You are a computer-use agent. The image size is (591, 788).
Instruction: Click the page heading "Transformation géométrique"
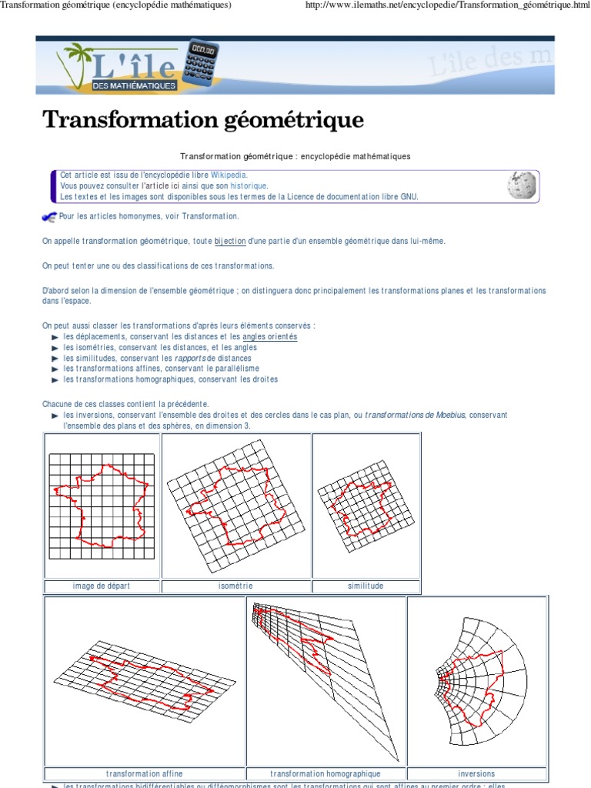pyautogui.click(x=202, y=120)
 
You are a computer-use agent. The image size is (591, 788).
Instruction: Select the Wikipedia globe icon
pyautogui.click(x=522, y=185)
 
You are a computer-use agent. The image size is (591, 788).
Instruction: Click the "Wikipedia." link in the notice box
pyautogui.click(x=229, y=175)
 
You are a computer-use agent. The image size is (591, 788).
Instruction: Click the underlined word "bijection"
pyautogui.click(x=230, y=242)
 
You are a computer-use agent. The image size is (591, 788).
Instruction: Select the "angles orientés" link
pyautogui.click(x=269, y=337)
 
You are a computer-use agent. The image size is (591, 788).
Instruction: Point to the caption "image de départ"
pyautogui.click(x=102, y=586)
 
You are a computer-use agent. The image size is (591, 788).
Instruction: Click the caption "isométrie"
pyautogui.click(x=235, y=586)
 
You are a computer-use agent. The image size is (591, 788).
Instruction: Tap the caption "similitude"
pyautogui.click(x=366, y=586)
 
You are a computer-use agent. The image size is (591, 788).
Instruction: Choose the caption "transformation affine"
pyautogui.click(x=145, y=773)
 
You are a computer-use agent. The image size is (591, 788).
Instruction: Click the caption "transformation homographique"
pyautogui.click(x=326, y=773)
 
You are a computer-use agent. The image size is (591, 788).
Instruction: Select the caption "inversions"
pyautogui.click(x=476, y=773)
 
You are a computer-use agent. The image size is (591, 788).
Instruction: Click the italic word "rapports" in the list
pyautogui.click(x=190, y=359)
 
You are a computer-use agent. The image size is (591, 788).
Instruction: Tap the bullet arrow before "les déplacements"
pyautogui.click(x=55, y=338)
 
